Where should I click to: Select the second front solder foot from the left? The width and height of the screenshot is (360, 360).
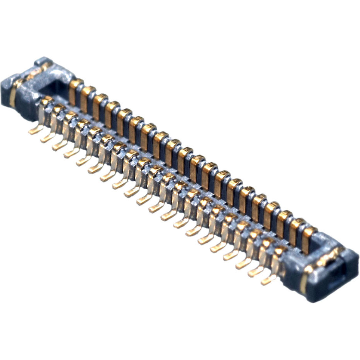coord(47,137)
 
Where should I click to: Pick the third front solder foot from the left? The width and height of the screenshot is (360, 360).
coord(59,145)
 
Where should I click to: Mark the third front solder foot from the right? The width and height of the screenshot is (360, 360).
coord(243,264)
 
